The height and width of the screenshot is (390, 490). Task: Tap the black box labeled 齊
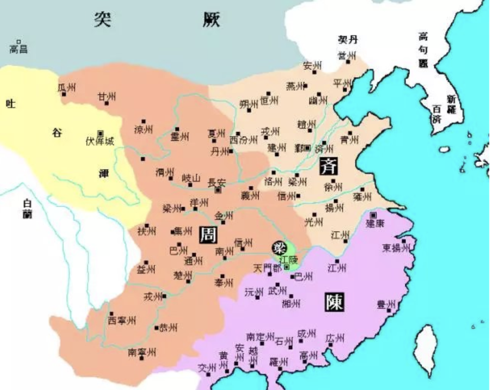328,166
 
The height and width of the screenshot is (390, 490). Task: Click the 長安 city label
217,182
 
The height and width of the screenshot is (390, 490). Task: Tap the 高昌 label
19,49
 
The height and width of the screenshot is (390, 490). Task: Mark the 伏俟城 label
100,141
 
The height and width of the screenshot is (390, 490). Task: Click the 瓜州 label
67,87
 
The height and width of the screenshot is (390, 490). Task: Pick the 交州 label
206,367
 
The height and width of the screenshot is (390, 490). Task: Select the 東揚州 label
396,248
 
